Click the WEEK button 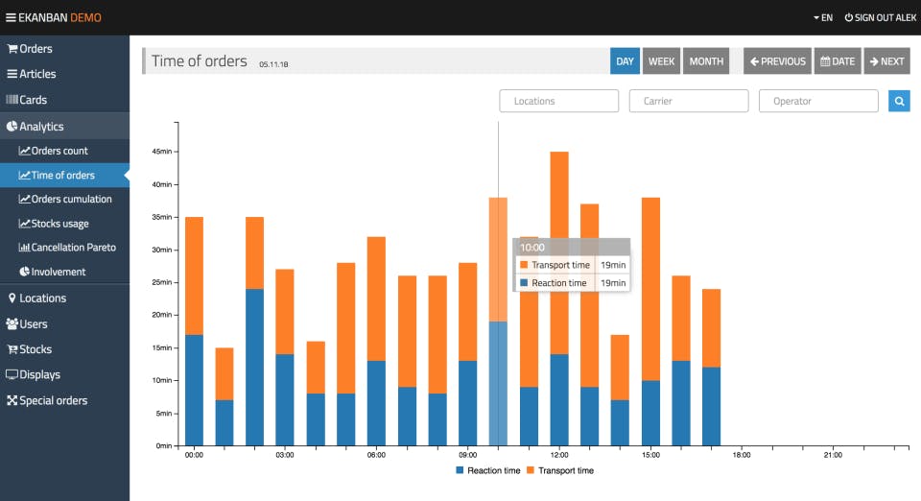(x=661, y=61)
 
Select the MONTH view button (x=706, y=61)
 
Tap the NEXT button (x=886, y=61)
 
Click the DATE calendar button (x=837, y=61)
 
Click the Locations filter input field (x=558, y=101)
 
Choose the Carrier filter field (x=688, y=101)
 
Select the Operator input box (x=817, y=101)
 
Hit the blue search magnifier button (x=899, y=101)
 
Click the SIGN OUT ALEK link (x=881, y=17)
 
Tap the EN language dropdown (x=822, y=17)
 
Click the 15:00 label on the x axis (x=650, y=455)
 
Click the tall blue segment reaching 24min (x=254, y=368)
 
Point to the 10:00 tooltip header (x=571, y=247)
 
